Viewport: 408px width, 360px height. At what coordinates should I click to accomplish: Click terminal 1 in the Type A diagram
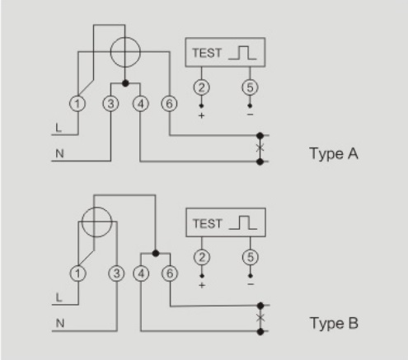pyautogui.click(x=77, y=104)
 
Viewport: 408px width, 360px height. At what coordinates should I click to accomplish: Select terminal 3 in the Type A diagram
pyautogui.click(x=110, y=104)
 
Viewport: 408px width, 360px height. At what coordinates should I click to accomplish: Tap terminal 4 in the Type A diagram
pyautogui.click(x=141, y=104)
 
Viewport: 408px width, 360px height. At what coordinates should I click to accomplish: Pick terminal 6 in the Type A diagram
pyautogui.click(x=169, y=104)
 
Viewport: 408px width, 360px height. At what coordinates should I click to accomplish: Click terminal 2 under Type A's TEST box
pyautogui.click(x=201, y=87)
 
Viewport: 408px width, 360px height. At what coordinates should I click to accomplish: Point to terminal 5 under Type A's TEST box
pyautogui.click(x=250, y=87)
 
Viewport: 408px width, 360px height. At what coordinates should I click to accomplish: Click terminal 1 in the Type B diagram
pyautogui.click(x=78, y=274)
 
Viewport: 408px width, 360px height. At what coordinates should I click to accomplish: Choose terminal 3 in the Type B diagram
pyautogui.click(x=117, y=274)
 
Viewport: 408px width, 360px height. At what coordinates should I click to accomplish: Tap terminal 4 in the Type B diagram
pyautogui.click(x=141, y=274)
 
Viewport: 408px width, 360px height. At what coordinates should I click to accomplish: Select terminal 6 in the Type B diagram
pyautogui.click(x=170, y=274)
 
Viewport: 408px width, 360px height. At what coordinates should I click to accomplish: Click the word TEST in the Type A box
pyautogui.click(x=207, y=53)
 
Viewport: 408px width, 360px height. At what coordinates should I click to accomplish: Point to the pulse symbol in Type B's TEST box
pyautogui.click(x=243, y=222)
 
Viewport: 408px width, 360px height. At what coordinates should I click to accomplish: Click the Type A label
pyautogui.click(x=334, y=154)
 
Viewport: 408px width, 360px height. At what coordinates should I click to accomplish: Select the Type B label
pyautogui.click(x=334, y=323)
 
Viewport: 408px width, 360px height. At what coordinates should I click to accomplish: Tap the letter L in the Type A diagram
pyautogui.click(x=59, y=128)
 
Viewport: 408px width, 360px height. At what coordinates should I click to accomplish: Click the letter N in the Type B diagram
pyautogui.click(x=60, y=323)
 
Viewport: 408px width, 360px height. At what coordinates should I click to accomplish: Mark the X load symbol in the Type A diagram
pyautogui.click(x=260, y=148)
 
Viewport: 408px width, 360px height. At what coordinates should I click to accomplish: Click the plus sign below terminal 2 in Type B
pyautogui.click(x=202, y=285)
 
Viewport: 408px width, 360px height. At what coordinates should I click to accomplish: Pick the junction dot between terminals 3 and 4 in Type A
pyautogui.click(x=125, y=83)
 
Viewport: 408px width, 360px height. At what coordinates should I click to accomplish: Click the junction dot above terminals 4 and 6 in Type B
pyautogui.click(x=156, y=253)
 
